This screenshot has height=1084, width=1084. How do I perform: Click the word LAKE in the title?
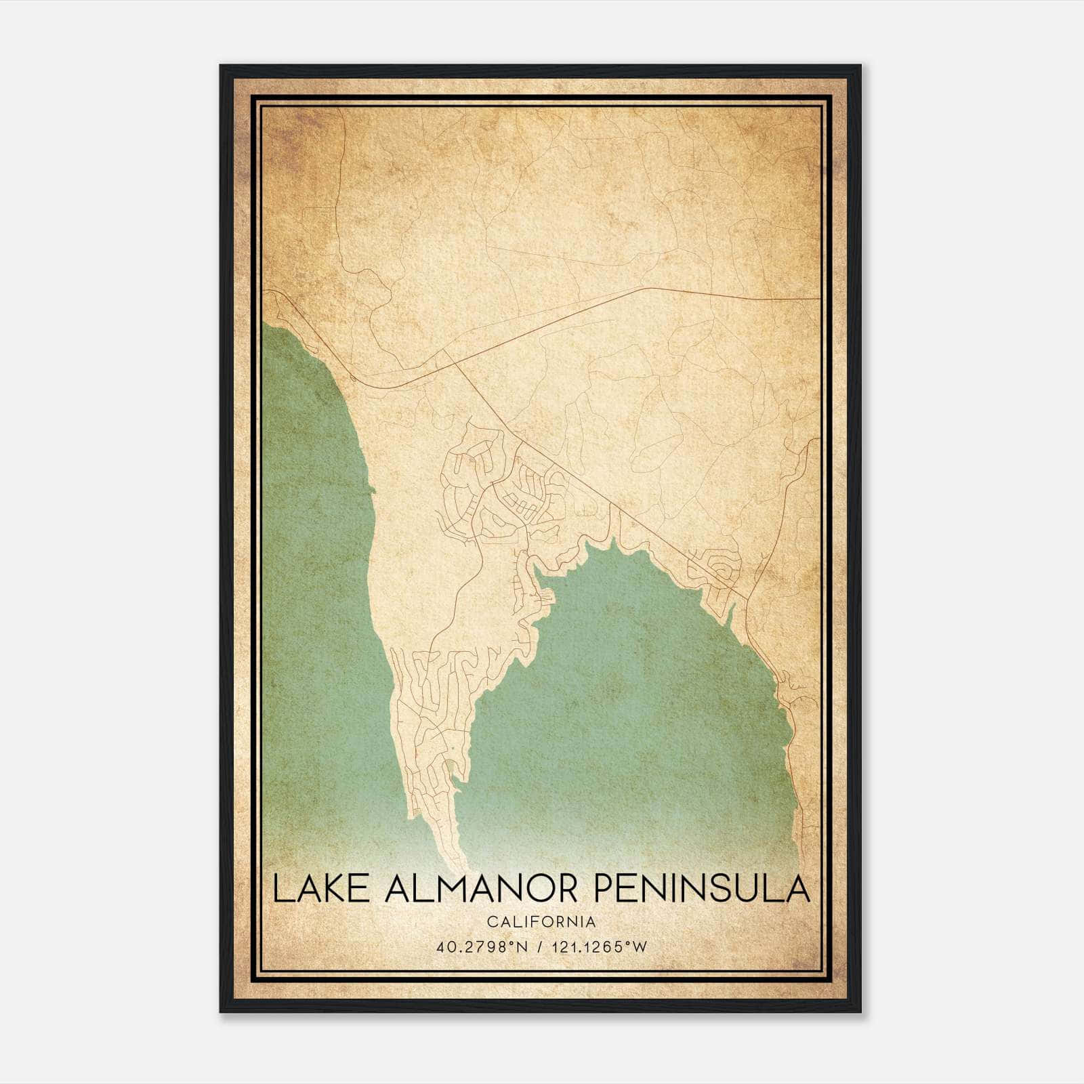314,890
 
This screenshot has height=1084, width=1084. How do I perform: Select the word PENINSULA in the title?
701,890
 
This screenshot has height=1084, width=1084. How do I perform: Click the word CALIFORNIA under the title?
541,922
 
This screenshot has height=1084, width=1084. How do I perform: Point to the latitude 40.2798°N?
482,947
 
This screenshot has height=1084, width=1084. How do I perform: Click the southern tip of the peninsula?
465,867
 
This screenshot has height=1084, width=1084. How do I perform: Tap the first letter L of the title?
281,890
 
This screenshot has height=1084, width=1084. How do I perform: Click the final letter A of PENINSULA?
799,890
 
